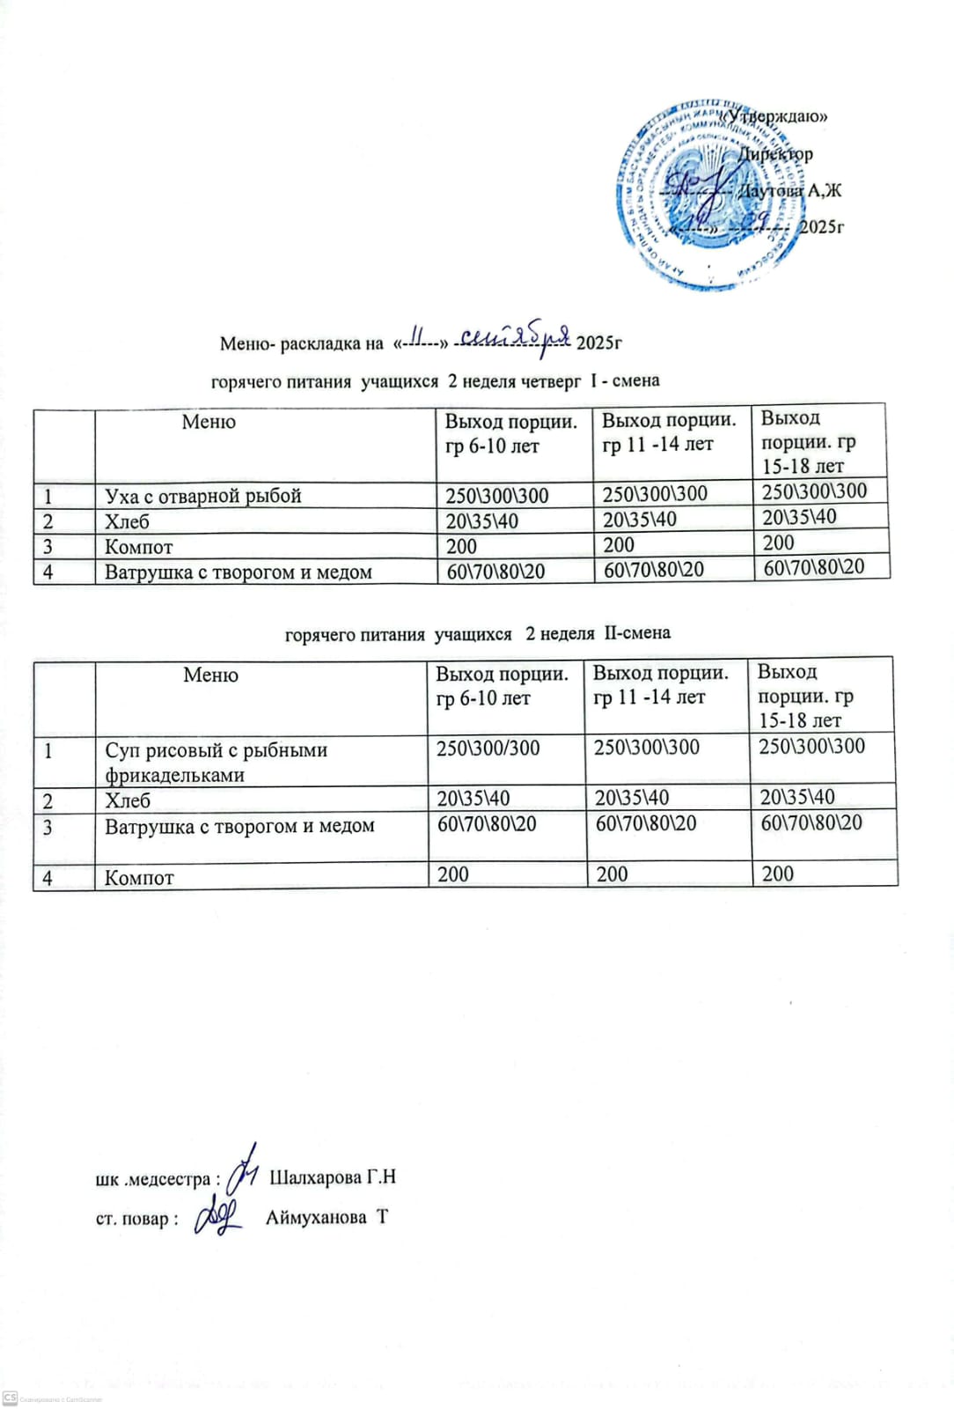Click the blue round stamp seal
pyautogui.click(x=708, y=195)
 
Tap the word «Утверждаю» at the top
pyautogui.click(x=775, y=116)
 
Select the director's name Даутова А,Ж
pyautogui.click(x=789, y=190)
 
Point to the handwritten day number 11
pyautogui.click(x=418, y=338)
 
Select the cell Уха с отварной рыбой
pyautogui.click(x=203, y=496)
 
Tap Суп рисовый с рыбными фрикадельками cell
pyautogui.click(x=216, y=762)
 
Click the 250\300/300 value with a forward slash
pyautogui.click(x=488, y=749)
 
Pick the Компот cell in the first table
pyautogui.click(x=139, y=547)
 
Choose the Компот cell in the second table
pyautogui.click(x=139, y=878)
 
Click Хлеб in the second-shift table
pyautogui.click(x=128, y=800)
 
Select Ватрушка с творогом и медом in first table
pyautogui.click(x=238, y=572)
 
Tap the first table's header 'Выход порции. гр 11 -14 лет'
pyautogui.click(x=669, y=432)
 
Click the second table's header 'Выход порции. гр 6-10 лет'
pyautogui.click(x=502, y=686)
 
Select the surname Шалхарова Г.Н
pyautogui.click(x=332, y=1177)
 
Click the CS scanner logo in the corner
pyautogui.click(x=11, y=1398)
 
